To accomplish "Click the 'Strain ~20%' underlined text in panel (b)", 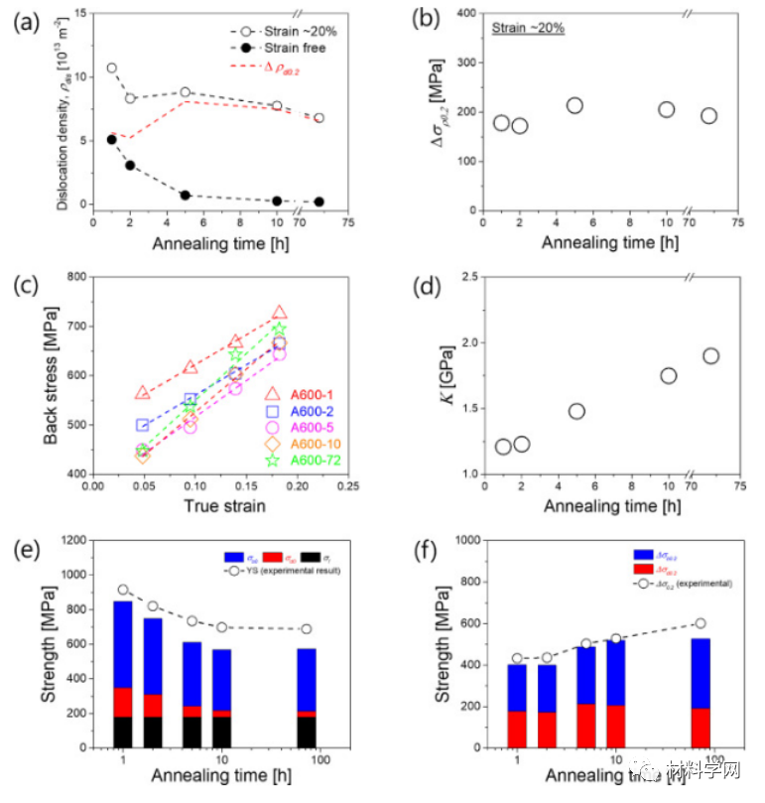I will point(528,27).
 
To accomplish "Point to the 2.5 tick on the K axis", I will point(463,275).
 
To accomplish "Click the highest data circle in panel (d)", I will point(710,356).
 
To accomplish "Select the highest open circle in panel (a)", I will point(111,68).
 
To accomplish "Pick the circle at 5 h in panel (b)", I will point(574,105).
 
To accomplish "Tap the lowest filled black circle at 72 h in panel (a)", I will point(319,201).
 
